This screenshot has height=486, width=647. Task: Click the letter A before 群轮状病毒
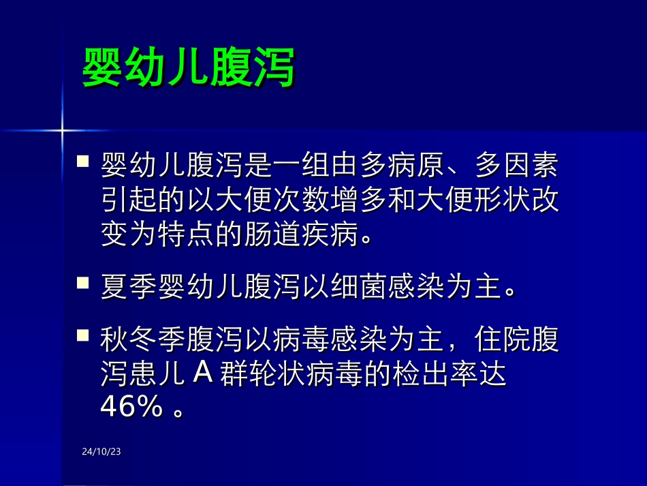(x=204, y=373)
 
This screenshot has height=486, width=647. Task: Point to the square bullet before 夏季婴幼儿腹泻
(x=83, y=281)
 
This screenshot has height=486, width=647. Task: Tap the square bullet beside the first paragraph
(x=83, y=162)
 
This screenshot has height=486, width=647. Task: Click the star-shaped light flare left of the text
(x=62, y=129)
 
